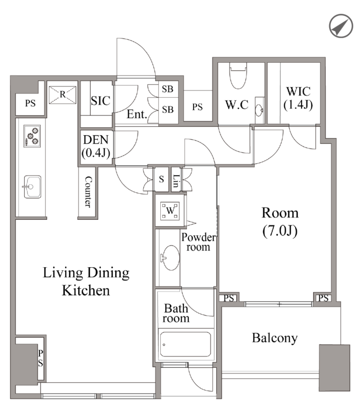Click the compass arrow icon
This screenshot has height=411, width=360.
341,26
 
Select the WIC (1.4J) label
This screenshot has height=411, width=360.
298,98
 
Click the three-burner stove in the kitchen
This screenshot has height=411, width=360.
32,136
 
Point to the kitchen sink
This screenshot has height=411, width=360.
32,186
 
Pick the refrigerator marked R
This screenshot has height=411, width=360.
62,95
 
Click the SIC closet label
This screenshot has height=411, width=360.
100,101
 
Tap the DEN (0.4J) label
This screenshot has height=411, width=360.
96,146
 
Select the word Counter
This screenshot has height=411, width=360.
88,192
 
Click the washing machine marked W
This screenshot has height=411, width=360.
170,211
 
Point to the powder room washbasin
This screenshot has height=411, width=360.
170,257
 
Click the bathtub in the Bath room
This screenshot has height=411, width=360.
185,344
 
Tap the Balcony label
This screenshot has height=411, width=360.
275,338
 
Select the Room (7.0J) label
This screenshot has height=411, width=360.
280,222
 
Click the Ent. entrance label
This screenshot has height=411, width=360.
137,114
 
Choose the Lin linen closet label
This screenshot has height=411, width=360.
176,181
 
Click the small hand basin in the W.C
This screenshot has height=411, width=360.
259,110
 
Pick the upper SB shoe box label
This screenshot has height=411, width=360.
168,89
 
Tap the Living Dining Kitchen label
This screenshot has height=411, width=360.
86,282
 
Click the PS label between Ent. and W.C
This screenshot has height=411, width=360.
197,107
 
